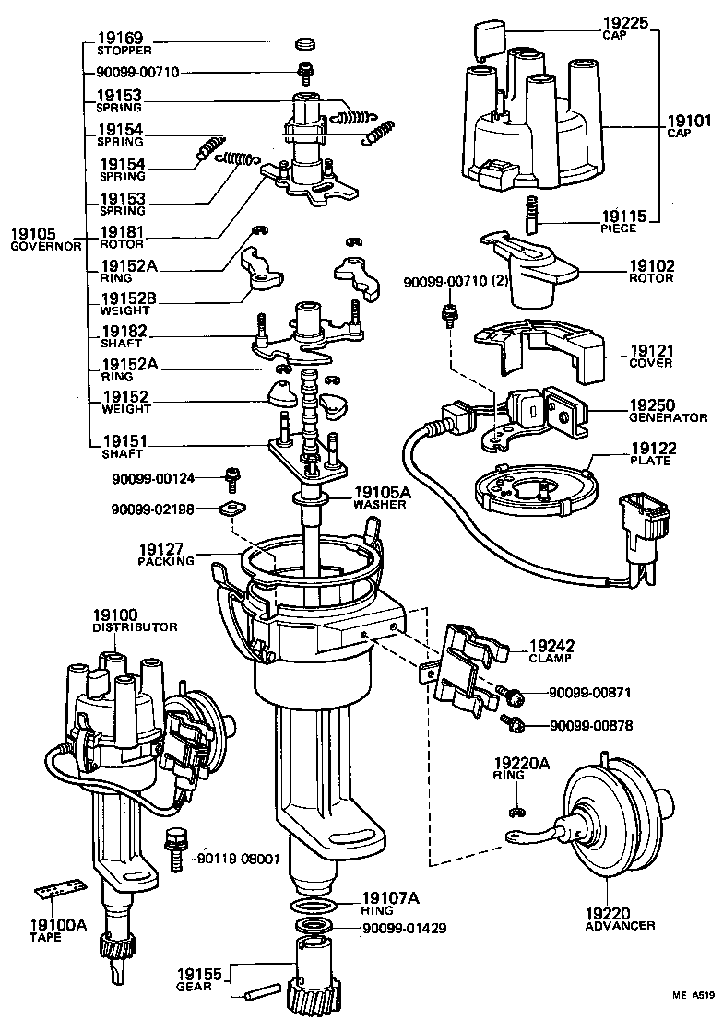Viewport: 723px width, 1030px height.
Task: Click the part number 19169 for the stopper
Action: pyautogui.click(x=119, y=40)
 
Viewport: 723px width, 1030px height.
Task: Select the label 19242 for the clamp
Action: pyautogui.click(x=550, y=647)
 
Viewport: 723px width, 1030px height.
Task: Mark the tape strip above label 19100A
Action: pyautogui.click(x=59, y=892)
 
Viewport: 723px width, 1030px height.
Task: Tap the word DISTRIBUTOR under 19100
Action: pyautogui.click(x=135, y=626)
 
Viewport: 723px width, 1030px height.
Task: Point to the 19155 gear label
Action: pyautogui.click(x=201, y=973)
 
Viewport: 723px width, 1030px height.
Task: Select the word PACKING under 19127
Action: pyautogui.click(x=166, y=560)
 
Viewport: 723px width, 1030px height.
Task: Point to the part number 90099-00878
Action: pyautogui.click(x=591, y=725)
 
